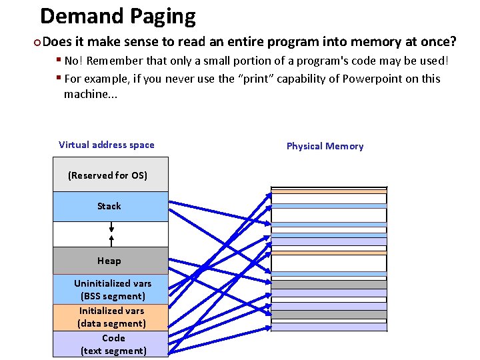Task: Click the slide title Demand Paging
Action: pos(118,15)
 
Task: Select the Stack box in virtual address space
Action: pos(111,207)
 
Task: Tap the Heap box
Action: pos(111,261)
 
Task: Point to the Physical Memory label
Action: pos(325,146)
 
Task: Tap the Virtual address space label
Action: pos(106,145)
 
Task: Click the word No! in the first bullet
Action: pos(73,61)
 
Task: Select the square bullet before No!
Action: pos(59,60)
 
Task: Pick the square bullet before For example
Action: pos(59,78)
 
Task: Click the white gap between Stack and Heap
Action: pos(111,234)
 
